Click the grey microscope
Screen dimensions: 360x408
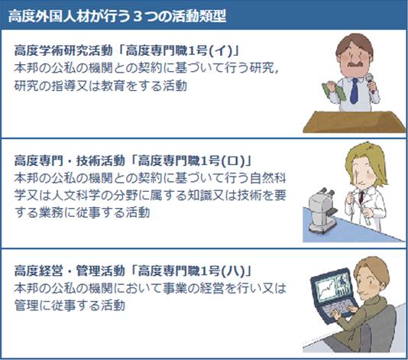point(325,214)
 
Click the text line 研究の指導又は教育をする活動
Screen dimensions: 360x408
point(100,85)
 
